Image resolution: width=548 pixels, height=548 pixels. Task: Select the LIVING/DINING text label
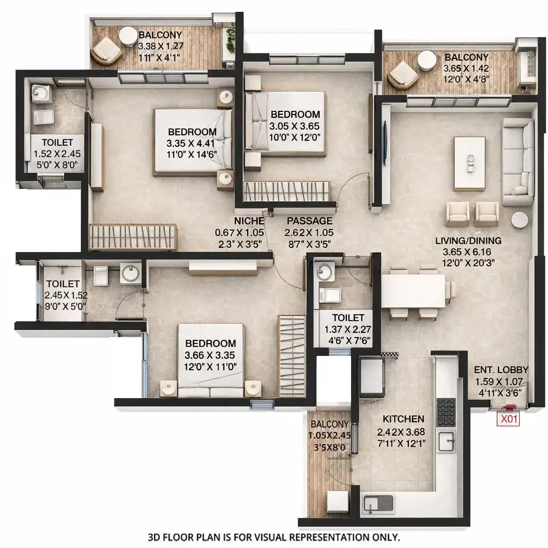(468, 240)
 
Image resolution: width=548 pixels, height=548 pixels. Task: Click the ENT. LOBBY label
(501, 370)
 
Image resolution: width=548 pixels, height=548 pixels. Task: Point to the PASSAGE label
(309, 221)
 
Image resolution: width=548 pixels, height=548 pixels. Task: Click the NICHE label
(248, 221)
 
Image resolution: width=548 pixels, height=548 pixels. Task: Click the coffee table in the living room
(469, 163)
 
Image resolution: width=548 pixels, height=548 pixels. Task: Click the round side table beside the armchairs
(519, 220)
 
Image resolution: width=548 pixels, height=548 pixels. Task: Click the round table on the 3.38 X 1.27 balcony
(128, 36)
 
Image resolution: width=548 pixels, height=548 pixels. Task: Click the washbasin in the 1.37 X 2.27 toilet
(324, 271)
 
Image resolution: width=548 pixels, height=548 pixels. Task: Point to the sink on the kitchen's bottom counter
(378, 504)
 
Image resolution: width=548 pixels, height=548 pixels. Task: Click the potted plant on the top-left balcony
(231, 40)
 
